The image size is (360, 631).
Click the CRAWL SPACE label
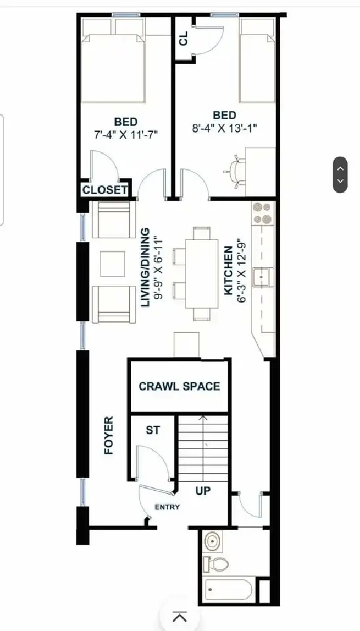tap(180, 386)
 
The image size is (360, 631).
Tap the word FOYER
tap(109, 436)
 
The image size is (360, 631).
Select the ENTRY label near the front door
tap(167, 507)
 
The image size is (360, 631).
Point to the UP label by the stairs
tap(203, 491)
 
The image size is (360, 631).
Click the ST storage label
tap(153, 430)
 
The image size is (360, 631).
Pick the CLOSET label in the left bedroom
tap(105, 190)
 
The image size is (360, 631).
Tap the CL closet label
tap(184, 40)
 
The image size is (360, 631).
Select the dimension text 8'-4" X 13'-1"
tap(225, 129)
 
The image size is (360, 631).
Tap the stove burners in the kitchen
tap(263, 214)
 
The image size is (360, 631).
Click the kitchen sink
tap(263, 277)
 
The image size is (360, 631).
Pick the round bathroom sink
tap(213, 542)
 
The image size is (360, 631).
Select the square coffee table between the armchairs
tap(112, 264)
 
